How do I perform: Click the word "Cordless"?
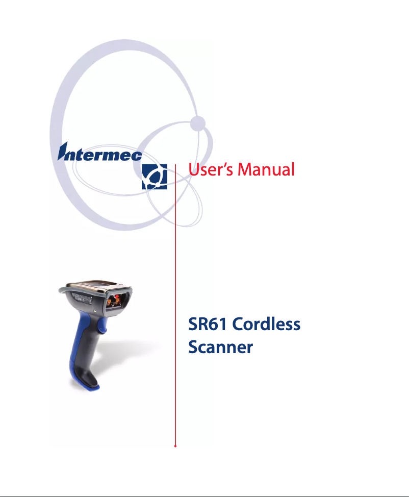[x=266, y=324]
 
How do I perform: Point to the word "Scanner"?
[x=220, y=347]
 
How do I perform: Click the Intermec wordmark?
[x=100, y=152]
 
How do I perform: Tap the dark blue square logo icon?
[x=155, y=177]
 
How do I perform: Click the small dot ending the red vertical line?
[x=175, y=446]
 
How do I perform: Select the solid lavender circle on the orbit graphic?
[x=198, y=123]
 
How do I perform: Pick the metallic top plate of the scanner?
[x=95, y=286]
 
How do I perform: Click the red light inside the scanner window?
[x=117, y=297]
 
